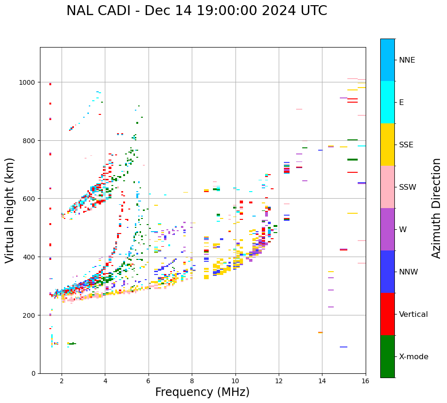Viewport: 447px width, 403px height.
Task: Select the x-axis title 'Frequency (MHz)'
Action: click(202, 392)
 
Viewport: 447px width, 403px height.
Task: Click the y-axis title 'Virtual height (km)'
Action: click(10, 210)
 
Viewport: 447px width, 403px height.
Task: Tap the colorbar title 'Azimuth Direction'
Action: click(437, 208)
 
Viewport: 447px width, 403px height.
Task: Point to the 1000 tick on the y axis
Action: click(31, 82)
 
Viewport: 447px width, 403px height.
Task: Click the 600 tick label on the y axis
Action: click(31, 199)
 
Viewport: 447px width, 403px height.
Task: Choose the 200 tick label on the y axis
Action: click(31, 315)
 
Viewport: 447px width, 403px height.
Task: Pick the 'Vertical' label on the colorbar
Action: click(413, 314)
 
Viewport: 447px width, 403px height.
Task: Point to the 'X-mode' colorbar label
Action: click(414, 357)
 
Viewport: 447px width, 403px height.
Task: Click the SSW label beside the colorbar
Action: click(408, 187)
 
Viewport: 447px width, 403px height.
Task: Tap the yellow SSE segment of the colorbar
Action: click(387, 145)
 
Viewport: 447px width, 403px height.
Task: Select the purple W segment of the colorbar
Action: click(387, 229)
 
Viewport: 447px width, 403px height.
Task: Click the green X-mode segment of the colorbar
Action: click(387, 356)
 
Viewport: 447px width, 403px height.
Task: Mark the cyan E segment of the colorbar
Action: click(387, 102)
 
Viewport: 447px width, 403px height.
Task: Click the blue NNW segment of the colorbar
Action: click(387, 272)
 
